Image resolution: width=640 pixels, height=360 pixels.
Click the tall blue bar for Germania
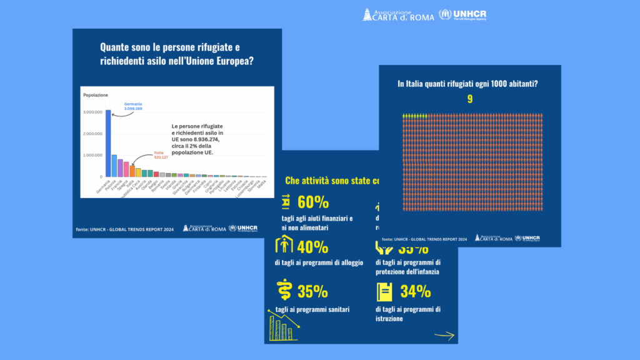coord(107,144)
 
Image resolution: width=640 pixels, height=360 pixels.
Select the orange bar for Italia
coord(132,171)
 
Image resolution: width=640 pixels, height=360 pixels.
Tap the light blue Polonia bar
coord(114,166)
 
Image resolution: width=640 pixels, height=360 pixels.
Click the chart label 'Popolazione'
coord(96,94)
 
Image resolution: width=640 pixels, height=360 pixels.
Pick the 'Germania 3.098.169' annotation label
coord(133,106)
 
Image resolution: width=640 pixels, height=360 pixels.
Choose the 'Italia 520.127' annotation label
coord(162,155)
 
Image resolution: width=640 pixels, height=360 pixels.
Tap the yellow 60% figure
coord(313,202)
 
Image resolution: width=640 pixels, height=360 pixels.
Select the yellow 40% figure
coord(313,247)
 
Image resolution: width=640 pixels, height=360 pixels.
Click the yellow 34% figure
coord(415,291)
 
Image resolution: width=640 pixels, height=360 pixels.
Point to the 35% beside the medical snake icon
coord(313,291)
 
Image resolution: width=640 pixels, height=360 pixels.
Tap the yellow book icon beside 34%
coord(385,292)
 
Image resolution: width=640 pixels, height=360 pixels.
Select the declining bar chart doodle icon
coord(282,324)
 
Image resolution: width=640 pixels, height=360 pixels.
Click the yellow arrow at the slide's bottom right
coord(444,335)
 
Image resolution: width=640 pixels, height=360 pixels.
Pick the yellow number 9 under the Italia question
coord(469,99)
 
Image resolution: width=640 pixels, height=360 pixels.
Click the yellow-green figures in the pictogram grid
coord(414,116)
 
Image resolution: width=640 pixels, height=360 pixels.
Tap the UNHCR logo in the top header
coord(462,14)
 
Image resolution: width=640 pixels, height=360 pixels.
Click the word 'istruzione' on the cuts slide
coord(389,318)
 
